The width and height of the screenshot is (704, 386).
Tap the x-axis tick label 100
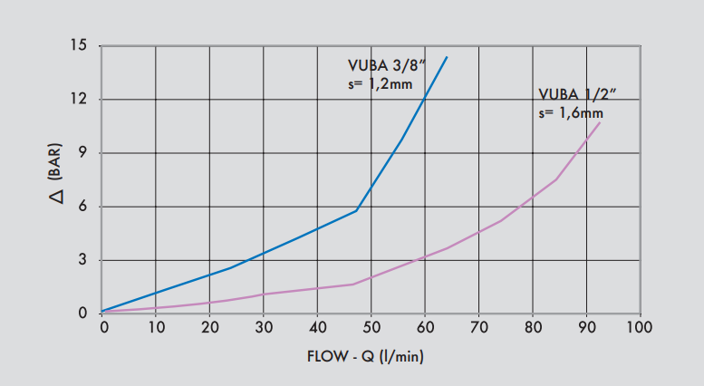[x=640, y=327]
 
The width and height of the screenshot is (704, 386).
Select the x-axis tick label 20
[x=209, y=327]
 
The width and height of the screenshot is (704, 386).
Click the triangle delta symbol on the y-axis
[x=55, y=195]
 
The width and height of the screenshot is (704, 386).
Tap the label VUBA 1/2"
[x=577, y=94]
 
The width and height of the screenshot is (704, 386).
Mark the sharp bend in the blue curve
[x=357, y=210]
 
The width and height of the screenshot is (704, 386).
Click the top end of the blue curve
[x=447, y=57]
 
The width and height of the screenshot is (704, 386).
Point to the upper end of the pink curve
[x=600, y=121]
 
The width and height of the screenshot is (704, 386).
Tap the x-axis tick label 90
[x=586, y=327]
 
